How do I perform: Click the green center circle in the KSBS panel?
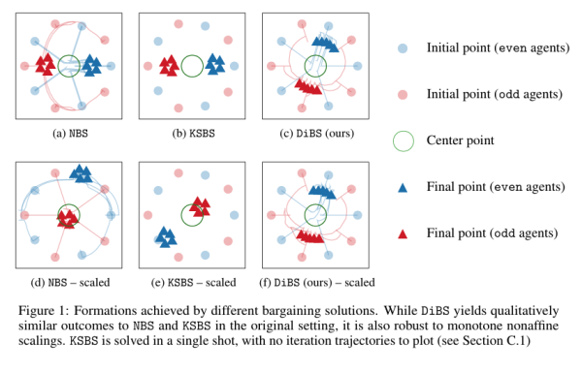pos(192,66)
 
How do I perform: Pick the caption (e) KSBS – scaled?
pos(191,282)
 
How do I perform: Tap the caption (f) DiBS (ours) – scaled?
pos(314,282)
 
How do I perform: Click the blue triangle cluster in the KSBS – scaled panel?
pos(166,236)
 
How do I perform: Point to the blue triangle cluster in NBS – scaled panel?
pos(81,173)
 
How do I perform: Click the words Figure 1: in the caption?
pos(38,311)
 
